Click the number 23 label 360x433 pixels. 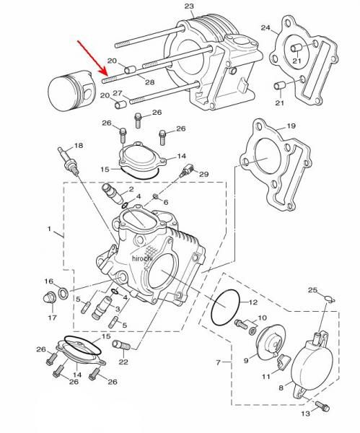click(x=190, y=6)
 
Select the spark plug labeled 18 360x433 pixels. click(x=69, y=162)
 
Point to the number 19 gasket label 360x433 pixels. click(x=291, y=126)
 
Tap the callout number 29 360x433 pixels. click(x=204, y=174)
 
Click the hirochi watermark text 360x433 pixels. click(x=142, y=258)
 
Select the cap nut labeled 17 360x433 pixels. click(x=50, y=297)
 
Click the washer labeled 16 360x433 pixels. click(x=63, y=293)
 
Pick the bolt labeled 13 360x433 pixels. click(x=322, y=406)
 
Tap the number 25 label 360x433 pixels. click(x=313, y=290)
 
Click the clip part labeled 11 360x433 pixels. click(x=284, y=362)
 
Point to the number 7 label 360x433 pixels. click(x=218, y=362)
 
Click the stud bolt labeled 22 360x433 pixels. click(x=121, y=345)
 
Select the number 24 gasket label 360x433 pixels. click(x=265, y=27)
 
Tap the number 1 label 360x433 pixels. click(x=49, y=229)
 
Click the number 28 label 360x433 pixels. click(x=150, y=82)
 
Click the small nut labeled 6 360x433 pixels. click(x=156, y=196)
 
